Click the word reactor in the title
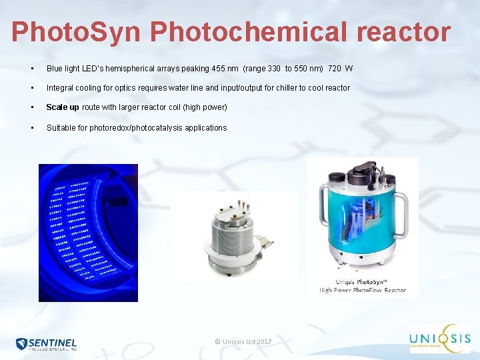tap(412, 31)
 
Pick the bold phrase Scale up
tap(62, 107)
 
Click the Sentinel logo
tap(47, 344)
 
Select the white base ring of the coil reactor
tap(230, 261)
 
